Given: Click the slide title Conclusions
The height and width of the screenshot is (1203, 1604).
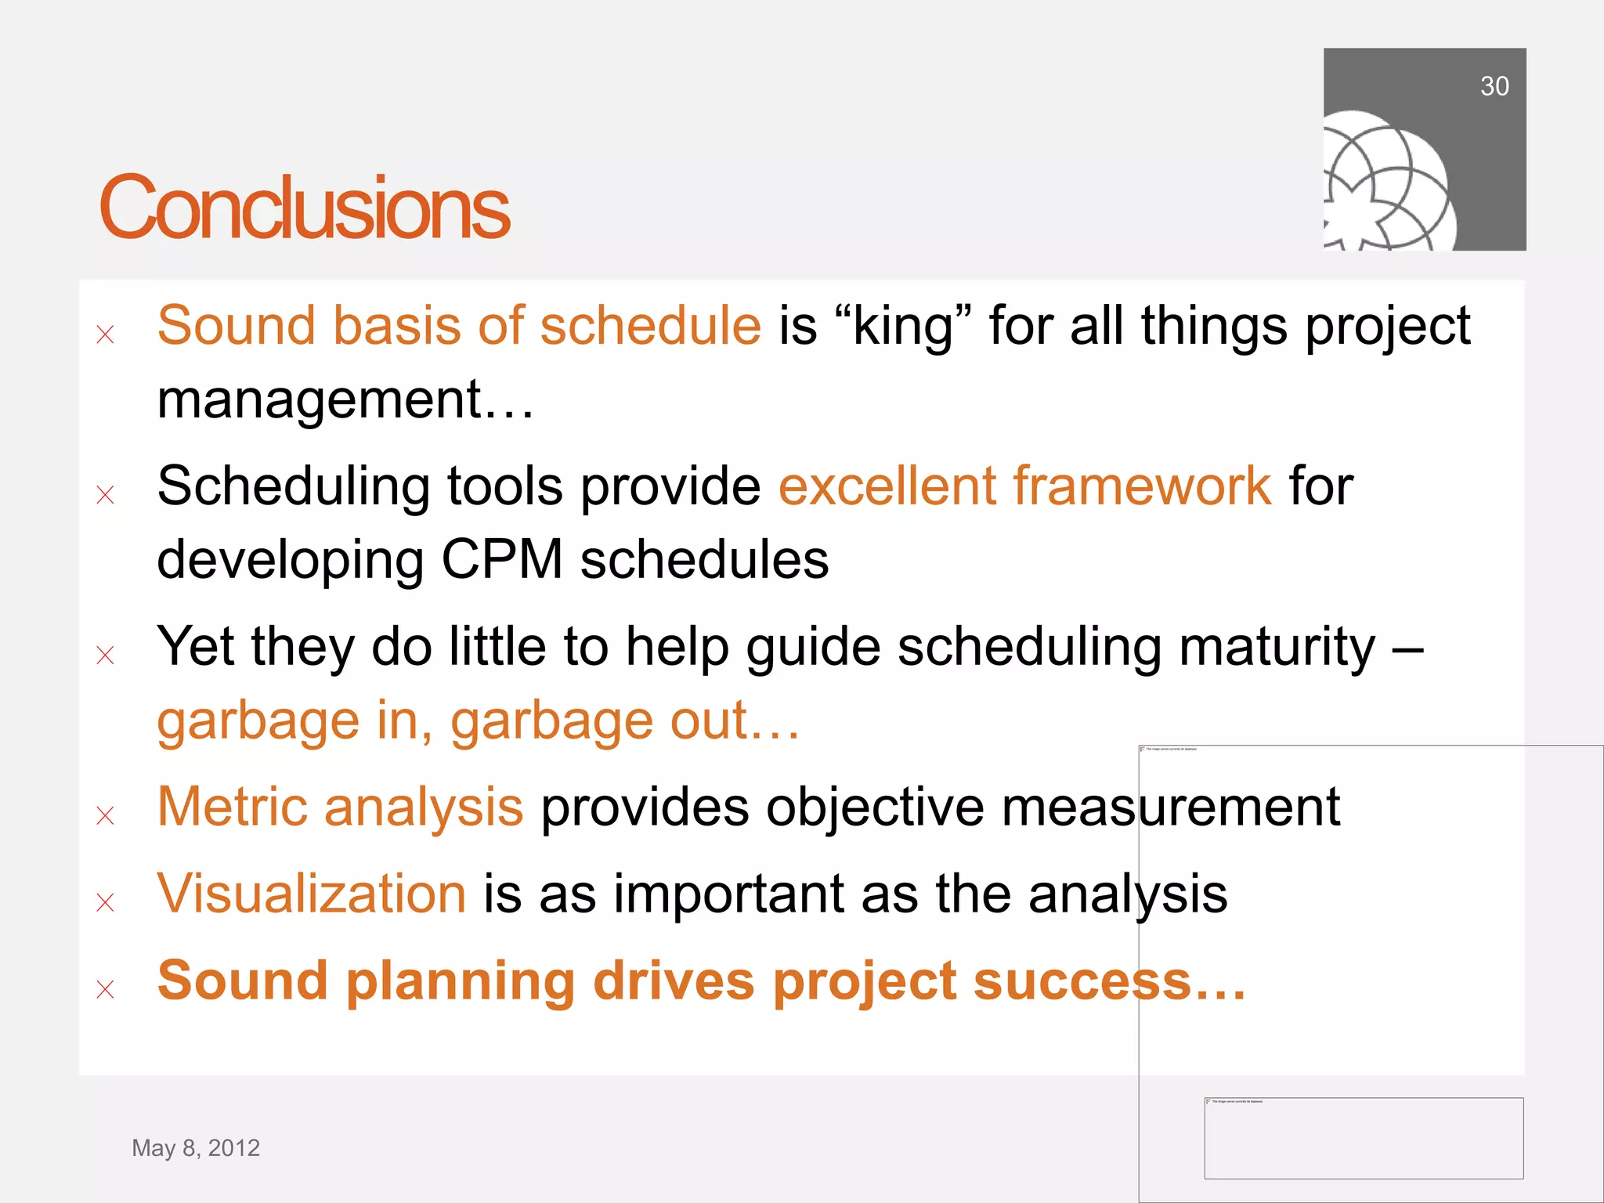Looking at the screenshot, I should click(304, 208).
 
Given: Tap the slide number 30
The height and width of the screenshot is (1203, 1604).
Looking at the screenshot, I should click(1494, 86).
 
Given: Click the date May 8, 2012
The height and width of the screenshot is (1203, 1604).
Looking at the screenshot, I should click(196, 1147).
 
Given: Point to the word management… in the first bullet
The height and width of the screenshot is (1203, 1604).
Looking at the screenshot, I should click(345, 399).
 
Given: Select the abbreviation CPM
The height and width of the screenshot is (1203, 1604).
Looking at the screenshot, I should click(501, 560).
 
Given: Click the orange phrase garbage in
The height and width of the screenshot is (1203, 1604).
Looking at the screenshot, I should click(294, 721).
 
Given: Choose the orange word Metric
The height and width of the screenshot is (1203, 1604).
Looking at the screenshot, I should click(231, 807).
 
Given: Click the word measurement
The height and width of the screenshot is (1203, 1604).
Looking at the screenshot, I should click(1170, 807).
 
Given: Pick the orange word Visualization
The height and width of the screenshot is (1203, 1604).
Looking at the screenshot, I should click(311, 894).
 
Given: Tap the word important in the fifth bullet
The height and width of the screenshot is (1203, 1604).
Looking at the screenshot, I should click(728, 894).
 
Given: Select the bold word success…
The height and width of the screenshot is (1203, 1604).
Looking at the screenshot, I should click(1108, 981).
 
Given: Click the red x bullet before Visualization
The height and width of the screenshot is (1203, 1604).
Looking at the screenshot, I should click(105, 903).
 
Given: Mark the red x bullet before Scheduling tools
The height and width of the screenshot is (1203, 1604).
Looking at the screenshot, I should click(105, 495).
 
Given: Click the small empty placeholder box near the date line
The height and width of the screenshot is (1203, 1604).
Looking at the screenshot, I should click(1363, 1138).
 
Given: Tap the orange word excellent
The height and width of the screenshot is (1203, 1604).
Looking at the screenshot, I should click(886, 486).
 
